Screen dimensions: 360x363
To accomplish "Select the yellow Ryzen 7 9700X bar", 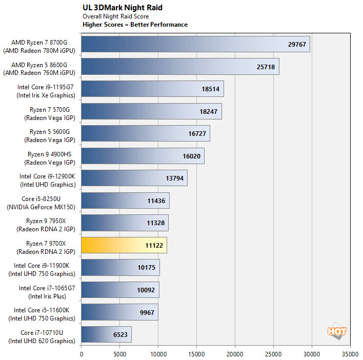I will (124, 245).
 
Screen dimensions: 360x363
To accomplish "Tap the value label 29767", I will (297, 44).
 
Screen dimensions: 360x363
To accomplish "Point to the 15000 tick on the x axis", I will (196, 354).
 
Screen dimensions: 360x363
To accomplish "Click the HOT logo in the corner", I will (337, 331).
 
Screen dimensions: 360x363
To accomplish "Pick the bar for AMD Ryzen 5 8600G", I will (180, 67).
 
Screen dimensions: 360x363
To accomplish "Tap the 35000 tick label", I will (350, 354).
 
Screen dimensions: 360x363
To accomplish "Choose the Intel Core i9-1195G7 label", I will (46, 91).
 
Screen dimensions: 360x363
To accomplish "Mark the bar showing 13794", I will (134, 178).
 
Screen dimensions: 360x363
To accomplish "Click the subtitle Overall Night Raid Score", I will (116, 16).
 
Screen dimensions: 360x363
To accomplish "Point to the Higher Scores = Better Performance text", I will (135, 25).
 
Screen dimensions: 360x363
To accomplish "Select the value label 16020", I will (191, 156).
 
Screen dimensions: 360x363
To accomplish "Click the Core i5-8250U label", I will (42, 203).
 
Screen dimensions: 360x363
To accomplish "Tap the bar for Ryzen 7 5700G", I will (151, 111).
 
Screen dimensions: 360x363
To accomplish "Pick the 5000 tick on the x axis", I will (119, 354).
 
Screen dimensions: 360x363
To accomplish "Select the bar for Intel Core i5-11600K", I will (119, 312).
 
